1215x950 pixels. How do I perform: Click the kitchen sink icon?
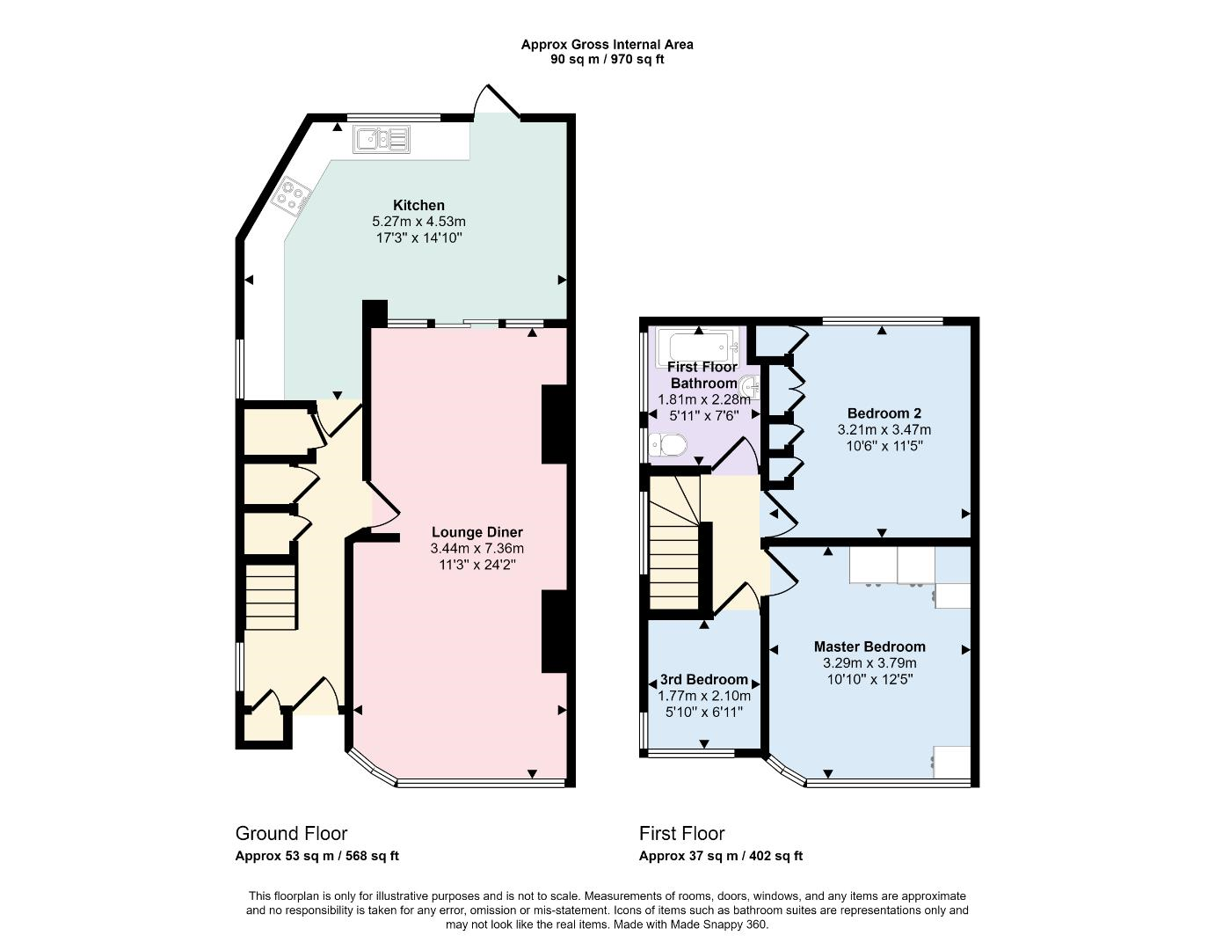[382, 139]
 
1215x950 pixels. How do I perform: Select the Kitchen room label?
[418, 205]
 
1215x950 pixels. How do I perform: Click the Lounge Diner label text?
[477, 532]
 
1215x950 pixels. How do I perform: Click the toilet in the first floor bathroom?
[667, 446]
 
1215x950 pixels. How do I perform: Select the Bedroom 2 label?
[884, 413]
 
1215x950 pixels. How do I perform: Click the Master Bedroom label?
[869, 647]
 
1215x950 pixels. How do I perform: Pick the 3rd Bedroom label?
[703, 679]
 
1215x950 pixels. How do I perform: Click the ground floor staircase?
[270, 597]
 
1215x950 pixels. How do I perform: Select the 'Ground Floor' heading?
[291, 833]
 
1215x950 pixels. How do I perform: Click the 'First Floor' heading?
[681, 833]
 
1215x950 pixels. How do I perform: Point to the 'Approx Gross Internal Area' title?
[607, 44]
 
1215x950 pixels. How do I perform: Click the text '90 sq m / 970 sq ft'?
[607, 60]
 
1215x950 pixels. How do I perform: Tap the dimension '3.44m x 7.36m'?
[477, 548]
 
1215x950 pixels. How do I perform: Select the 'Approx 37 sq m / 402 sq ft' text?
[720, 856]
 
